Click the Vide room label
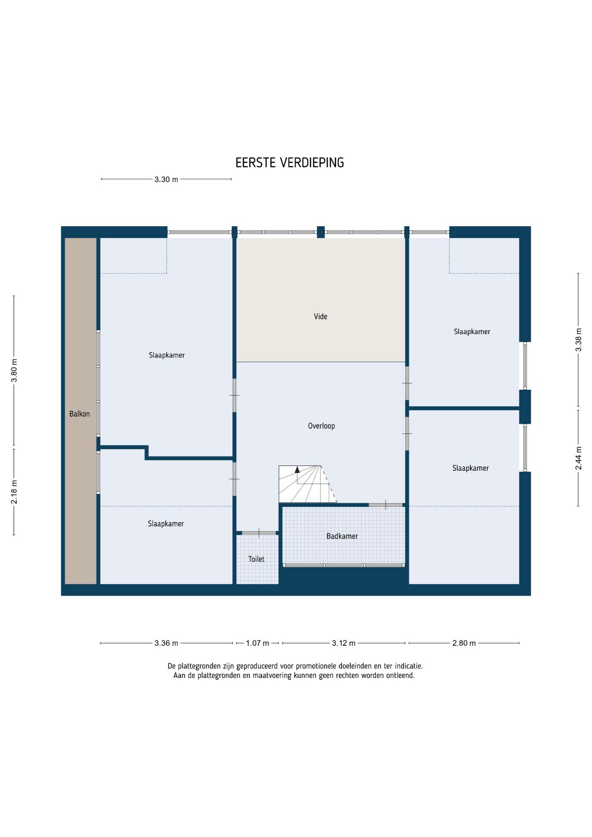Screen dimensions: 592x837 click(320, 316)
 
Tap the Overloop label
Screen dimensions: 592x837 click(321, 426)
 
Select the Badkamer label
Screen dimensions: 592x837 click(342, 536)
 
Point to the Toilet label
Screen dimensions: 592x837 click(256, 559)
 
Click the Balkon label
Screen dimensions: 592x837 click(79, 414)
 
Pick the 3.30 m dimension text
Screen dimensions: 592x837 click(166, 179)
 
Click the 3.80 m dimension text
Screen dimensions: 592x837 click(14, 371)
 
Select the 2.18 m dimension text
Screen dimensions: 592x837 click(14, 492)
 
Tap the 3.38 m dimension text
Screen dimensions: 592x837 click(578, 340)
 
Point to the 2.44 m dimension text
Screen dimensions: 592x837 click(578, 458)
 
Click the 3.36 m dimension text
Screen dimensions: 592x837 click(166, 643)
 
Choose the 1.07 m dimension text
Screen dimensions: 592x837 click(257, 643)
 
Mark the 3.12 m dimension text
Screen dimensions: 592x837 click(344, 643)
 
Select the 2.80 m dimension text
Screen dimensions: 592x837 click(464, 643)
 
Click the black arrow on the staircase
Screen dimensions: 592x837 click(297, 470)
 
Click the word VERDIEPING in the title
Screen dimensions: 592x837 click(312, 163)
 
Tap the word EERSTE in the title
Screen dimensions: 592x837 click(255, 163)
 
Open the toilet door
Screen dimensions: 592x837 click(259, 533)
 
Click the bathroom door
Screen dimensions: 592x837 click(386, 505)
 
